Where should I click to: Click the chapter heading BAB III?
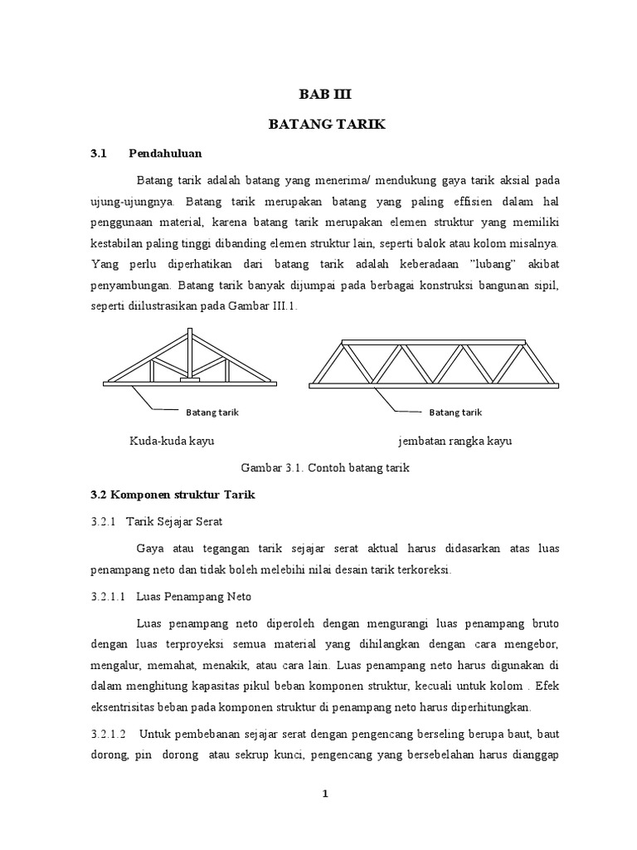319,95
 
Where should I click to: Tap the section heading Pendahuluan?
166,154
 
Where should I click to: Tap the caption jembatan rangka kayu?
455,441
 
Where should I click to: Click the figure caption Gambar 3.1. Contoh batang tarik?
325,468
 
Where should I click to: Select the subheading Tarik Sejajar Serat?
175,521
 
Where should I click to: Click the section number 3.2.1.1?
107,596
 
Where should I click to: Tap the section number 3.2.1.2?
107,734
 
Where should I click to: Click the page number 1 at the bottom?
326,794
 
